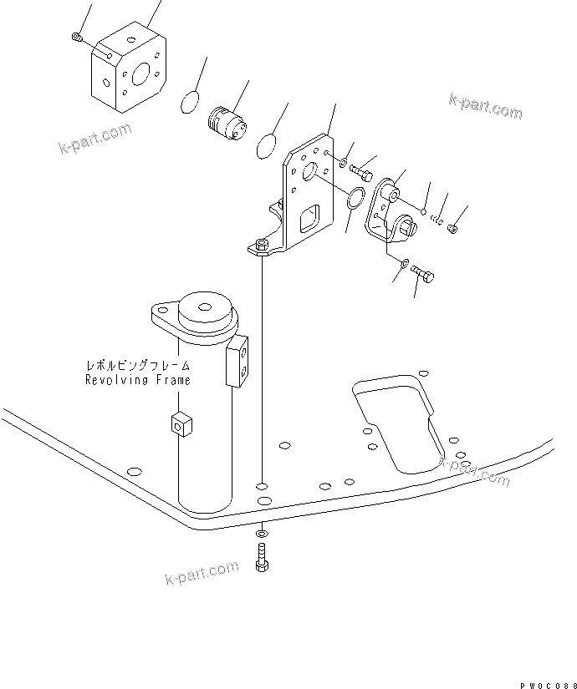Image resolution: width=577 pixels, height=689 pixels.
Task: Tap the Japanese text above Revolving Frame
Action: coord(138,366)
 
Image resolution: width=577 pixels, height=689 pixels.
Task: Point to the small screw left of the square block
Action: coord(76,35)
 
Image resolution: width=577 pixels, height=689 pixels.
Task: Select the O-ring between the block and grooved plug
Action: coord(191,103)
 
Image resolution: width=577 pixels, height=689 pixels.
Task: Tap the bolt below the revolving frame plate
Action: coord(261,555)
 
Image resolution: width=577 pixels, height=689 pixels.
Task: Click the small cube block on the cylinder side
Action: coord(178,424)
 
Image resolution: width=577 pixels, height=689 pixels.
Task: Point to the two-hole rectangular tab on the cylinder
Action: coord(238,360)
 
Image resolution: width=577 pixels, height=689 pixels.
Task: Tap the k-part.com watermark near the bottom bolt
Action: coord(202,575)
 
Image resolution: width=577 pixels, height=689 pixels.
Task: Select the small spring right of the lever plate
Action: coord(437,220)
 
